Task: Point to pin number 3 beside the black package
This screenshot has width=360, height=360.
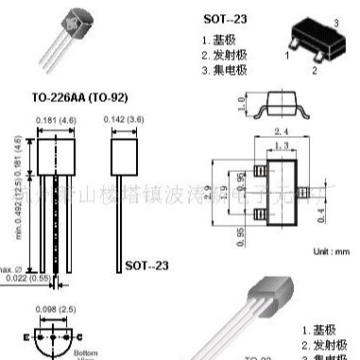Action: tap(336, 21)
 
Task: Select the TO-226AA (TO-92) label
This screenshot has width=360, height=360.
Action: tap(79, 97)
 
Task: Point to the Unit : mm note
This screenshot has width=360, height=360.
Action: tap(329, 251)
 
